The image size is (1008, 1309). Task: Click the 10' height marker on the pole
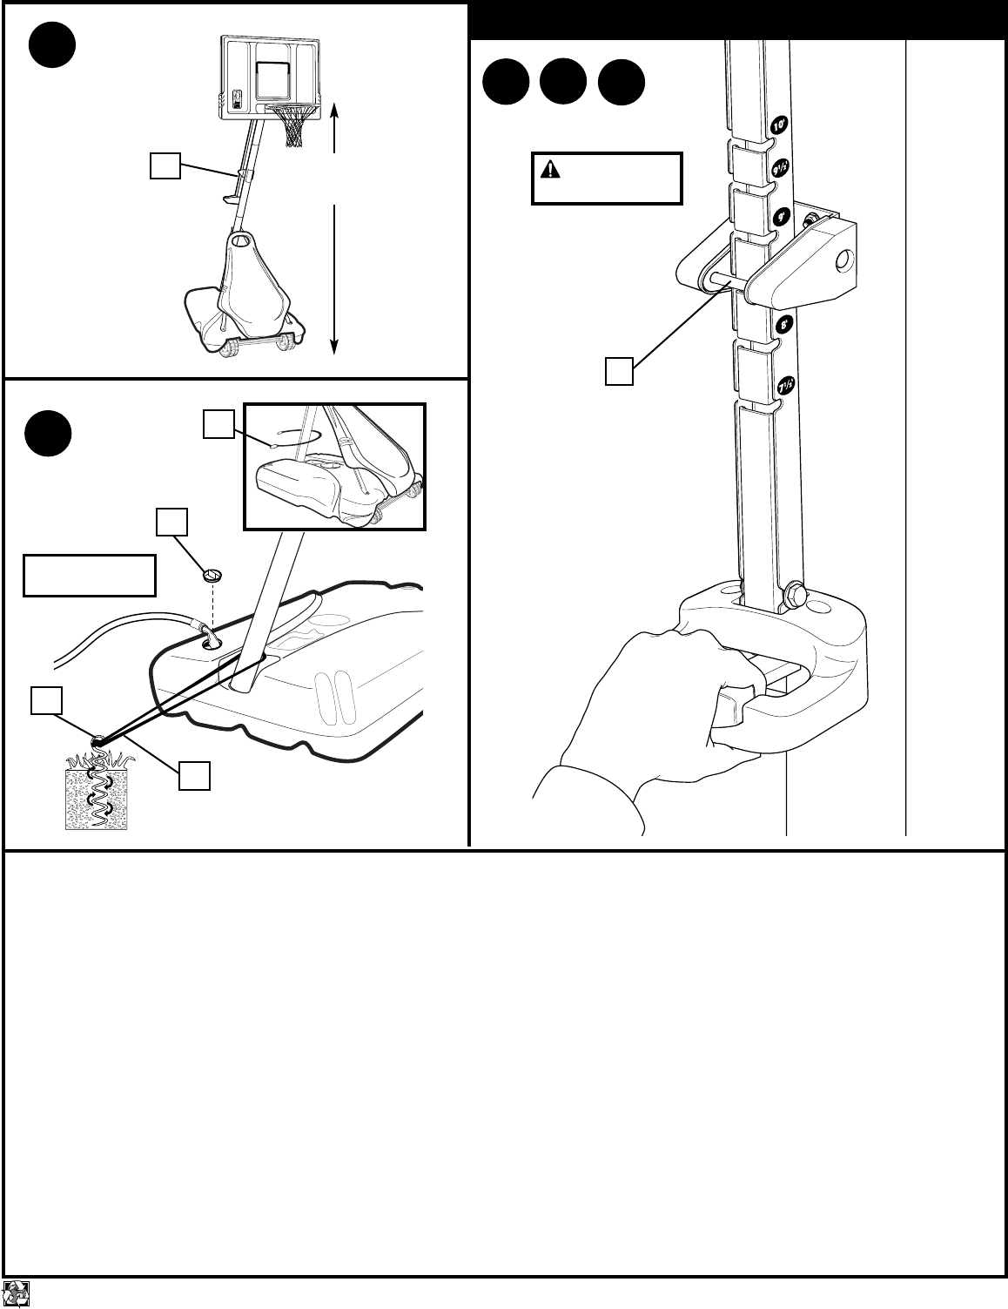pyautogui.click(x=780, y=125)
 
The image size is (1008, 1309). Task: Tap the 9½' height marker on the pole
pyautogui.click(x=780, y=166)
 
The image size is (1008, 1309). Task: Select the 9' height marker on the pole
pyautogui.click(x=782, y=215)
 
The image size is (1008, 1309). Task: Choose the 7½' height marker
pyautogui.click(x=785, y=384)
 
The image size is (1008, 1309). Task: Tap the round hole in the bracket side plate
pyautogui.click(x=842, y=261)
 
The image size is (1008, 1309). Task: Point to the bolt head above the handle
pyautogui.click(x=795, y=596)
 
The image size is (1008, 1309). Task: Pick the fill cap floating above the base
pyautogui.click(x=212, y=574)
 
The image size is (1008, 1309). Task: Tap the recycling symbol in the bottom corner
pyautogui.click(x=17, y=1292)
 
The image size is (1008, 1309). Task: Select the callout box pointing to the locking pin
pyautogui.click(x=619, y=372)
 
